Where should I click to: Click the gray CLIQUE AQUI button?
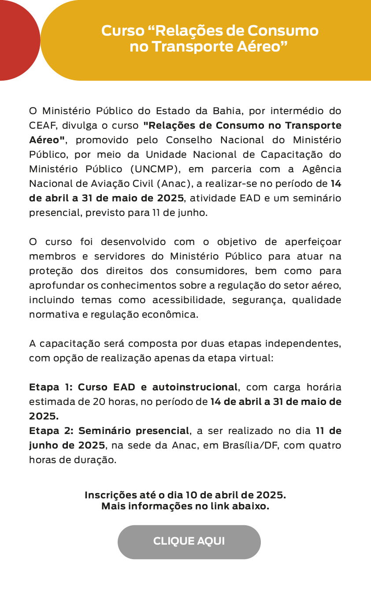pyautogui.click(x=189, y=542)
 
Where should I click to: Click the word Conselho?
pyautogui.click(x=189, y=140)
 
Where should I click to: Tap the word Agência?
pyautogui.click(x=322, y=169)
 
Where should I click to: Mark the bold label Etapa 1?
pyautogui.click(x=51, y=387)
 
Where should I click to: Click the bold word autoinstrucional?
pyautogui.click(x=195, y=387)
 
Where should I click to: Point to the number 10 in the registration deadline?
pyautogui.click(x=191, y=495)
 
